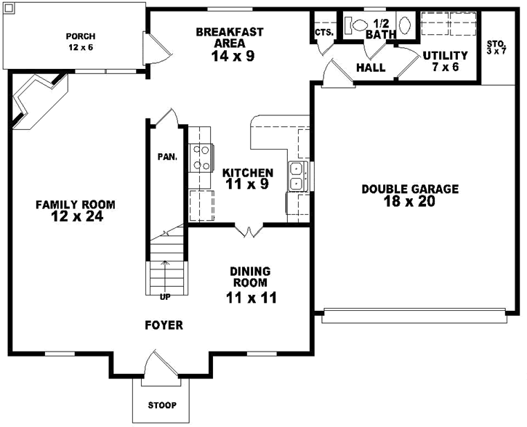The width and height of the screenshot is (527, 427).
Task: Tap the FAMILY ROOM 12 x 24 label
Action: (x=76, y=210)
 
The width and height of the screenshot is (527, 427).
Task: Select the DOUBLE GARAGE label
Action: (x=410, y=195)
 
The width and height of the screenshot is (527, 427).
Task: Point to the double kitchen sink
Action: (x=297, y=176)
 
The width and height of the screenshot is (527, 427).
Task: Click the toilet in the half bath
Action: (x=355, y=24)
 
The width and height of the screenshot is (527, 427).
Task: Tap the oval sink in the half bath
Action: (x=406, y=23)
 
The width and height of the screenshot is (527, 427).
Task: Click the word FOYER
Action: (x=164, y=325)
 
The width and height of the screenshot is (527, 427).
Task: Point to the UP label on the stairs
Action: (x=165, y=296)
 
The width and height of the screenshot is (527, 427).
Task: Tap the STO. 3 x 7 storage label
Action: (x=498, y=48)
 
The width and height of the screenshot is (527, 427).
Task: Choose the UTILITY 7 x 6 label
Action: (x=445, y=60)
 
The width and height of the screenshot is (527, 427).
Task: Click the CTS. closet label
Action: (x=324, y=33)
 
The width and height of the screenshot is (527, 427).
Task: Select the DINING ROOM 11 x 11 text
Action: (x=251, y=284)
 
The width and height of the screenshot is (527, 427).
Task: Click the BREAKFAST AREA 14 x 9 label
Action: (x=230, y=44)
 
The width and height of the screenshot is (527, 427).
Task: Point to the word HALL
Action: (x=371, y=68)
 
